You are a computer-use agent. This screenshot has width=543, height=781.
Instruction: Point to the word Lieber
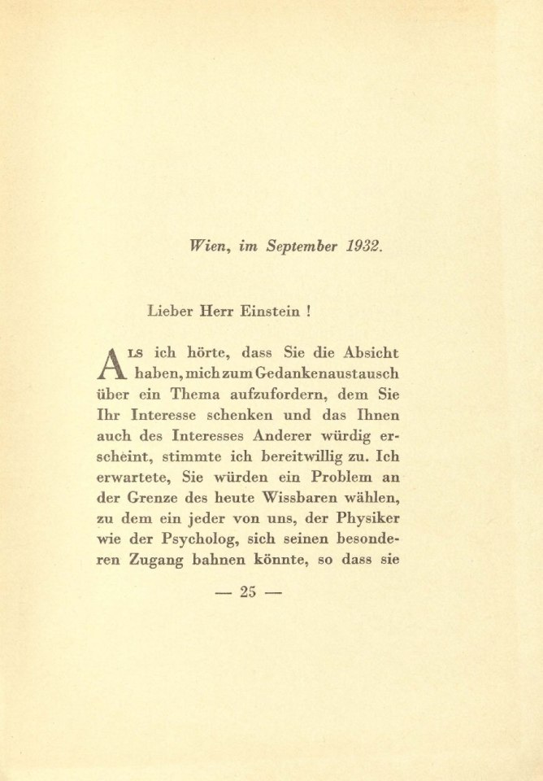pyautogui.click(x=171, y=310)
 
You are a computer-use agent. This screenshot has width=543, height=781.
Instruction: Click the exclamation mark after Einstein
pyautogui.click(x=311, y=310)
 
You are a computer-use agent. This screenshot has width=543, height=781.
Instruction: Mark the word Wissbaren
pyautogui.click(x=308, y=500)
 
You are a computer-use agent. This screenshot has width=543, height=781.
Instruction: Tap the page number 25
pyautogui.click(x=247, y=592)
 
